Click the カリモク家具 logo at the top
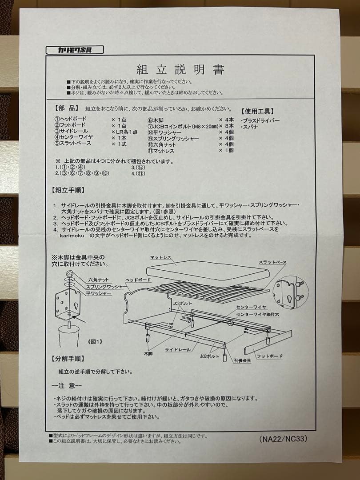pyautogui.click(x=74, y=50)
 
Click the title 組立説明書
pyautogui.click(x=180, y=70)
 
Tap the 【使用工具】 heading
pyautogui.click(x=257, y=111)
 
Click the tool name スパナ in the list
pyautogui.click(x=249, y=127)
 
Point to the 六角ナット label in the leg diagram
pyautogui.click(x=98, y=280)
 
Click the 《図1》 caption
pyautogui.click(x=93, y=342)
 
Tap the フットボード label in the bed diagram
pyautogui.click(x=270, y=356)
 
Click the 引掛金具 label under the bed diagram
pyautogui.click(x=242, y=360)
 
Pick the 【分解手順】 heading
pyautogui.click(x=68, y=358)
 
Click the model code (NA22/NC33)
pyautogui.click(x=283, y=438)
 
